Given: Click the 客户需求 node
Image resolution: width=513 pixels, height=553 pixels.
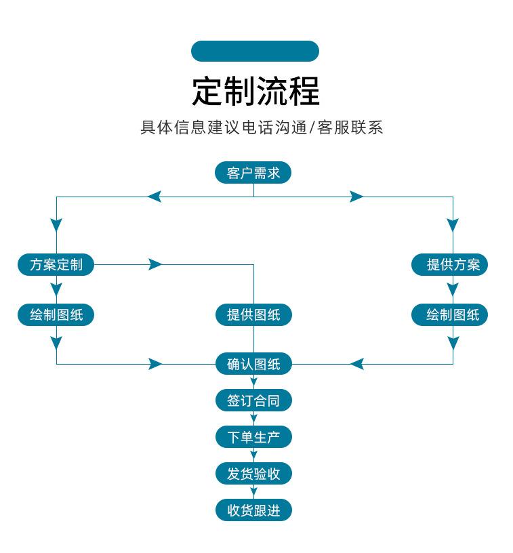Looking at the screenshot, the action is tap(253, 172).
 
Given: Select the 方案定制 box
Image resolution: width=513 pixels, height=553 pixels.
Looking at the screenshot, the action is tap(56, 264).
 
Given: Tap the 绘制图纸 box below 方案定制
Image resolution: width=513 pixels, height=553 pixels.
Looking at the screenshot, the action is tap(56, 314).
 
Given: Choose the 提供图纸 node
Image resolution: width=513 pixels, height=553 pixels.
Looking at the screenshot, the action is tap(253, 314).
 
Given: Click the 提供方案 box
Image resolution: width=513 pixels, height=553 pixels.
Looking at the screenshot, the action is tap(449, 264).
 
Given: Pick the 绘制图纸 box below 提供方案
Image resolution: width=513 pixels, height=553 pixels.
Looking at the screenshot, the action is tap(449, 314).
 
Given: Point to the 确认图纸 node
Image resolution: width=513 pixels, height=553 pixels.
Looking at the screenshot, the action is tap(253, 364).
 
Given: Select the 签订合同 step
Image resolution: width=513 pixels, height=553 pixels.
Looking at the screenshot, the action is tap(253, 401).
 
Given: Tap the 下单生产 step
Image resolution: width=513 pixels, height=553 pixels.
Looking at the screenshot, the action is tap(253, 437).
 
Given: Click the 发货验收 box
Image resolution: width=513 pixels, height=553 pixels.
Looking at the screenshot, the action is tap(253, 473).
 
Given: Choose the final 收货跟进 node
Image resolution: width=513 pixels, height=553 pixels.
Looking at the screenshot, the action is tap(253, 510).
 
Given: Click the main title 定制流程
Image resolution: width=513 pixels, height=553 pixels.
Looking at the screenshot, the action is tap(255, 91).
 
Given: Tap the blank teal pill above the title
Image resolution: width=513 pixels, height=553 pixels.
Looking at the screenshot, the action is tap(255, 51).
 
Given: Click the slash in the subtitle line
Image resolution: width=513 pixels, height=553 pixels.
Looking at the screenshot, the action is tap(312, 127).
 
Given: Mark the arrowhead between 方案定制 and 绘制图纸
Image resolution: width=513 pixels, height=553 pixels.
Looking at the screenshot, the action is tap(56, 289).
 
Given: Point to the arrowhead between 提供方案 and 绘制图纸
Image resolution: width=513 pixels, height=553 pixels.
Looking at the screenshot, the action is tap(453, 289).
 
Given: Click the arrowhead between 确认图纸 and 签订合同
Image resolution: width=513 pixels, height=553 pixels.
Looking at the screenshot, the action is tap(253, 382).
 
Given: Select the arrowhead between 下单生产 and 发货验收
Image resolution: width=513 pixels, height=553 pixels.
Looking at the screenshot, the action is tap(253, 455).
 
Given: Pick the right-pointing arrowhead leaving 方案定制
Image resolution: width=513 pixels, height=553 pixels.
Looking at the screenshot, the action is tap(155, 264).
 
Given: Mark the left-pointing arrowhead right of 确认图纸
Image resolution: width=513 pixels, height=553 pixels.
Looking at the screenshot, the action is tap(356, 364).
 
